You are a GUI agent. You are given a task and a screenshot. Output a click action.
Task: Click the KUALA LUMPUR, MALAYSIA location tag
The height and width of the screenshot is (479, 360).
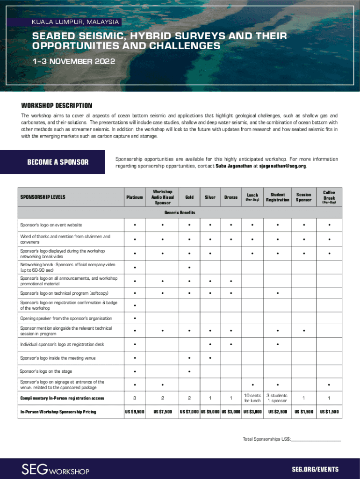point(74,22)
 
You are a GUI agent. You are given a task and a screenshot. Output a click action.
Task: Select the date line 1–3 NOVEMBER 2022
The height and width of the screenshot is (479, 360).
point(73,62)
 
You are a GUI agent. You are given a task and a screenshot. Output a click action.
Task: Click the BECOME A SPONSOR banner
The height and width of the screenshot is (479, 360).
point(58,162)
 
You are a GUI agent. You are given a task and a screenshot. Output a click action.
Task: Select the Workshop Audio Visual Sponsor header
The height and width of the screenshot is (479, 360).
point(163,197)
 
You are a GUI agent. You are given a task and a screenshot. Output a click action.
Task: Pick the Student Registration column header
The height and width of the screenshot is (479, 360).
point(278,197)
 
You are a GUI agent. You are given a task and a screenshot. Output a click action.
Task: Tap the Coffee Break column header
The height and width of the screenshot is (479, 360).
point(329,197)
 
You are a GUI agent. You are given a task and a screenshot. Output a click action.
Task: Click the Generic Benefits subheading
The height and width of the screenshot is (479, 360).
point(180,213)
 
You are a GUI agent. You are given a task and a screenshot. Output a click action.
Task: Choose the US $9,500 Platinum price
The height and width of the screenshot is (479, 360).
point(134,412)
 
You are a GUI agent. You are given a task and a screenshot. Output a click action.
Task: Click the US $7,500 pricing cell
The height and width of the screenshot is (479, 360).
point(163,412)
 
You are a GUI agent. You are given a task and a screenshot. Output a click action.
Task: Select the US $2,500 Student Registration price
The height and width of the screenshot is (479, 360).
point(278,412)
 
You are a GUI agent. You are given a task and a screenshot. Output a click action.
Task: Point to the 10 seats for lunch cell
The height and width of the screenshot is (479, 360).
point(252,398)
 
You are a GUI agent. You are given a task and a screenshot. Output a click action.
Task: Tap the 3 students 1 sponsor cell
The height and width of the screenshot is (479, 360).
point(278,398)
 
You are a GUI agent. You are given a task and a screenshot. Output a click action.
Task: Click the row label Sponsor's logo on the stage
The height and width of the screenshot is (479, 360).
point(46,371)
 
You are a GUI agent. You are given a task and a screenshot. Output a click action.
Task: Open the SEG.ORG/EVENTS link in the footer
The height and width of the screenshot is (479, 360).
point(315,470)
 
